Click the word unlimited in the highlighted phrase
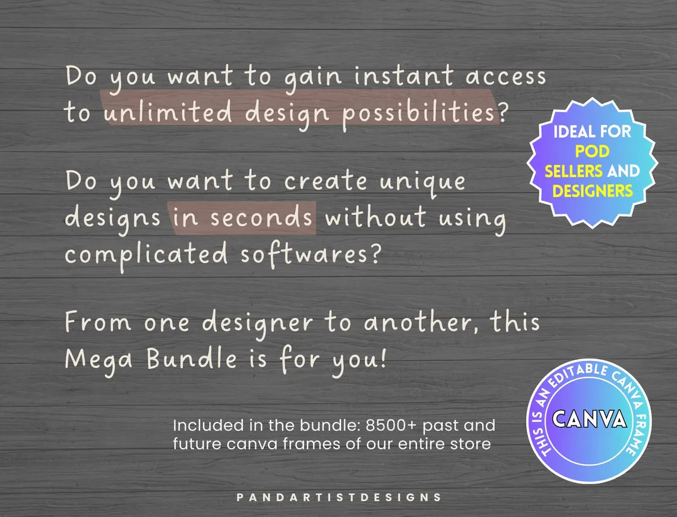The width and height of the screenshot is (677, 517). coord(167,112)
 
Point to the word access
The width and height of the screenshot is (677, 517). coord(505,77)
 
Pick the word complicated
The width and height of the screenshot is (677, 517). coord(146,254)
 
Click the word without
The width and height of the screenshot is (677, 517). coord(375,217)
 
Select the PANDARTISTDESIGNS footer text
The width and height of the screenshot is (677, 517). coord(338,497)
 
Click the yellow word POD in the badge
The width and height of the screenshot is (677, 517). coord(592,151)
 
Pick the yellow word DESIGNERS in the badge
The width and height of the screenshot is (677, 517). coord(592,191)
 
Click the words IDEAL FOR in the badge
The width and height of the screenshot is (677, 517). coord(592,131)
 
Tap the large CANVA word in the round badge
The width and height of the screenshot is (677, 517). coord(589,418)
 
